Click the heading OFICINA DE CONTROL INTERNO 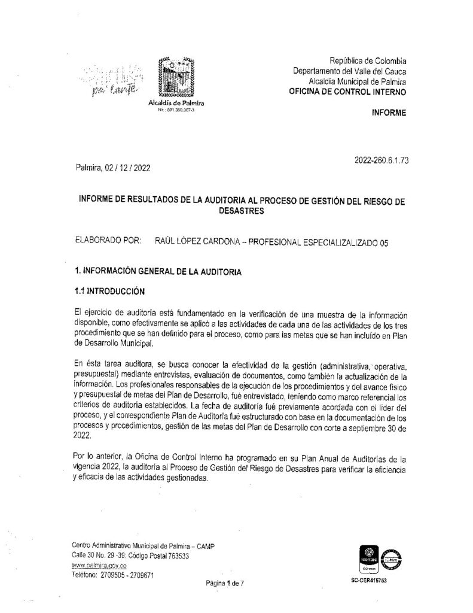point(347,92)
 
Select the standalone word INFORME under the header point(389,113)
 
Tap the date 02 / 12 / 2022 point(128,169)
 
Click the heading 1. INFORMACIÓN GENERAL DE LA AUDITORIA point(156,272)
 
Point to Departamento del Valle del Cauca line point(350,71)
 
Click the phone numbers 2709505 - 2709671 point(129,575)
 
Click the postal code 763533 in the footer point(175,556)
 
